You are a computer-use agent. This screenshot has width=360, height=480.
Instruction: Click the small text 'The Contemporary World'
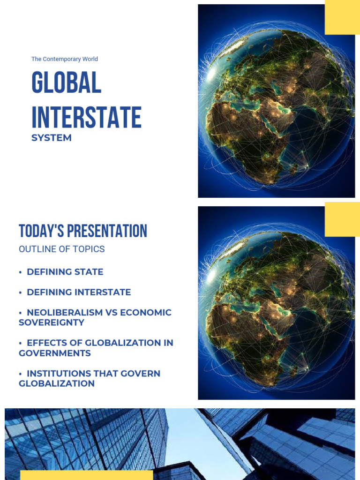click(x=65, y=59)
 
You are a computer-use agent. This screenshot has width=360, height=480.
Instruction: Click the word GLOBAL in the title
click(x=66, y=84)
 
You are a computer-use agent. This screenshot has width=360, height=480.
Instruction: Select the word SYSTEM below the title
click(x=52, y=138)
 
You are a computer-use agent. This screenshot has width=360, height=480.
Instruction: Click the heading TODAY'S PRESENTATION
click(x=83, y=231)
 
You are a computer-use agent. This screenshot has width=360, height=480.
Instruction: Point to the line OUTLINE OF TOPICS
click(x=61, y=249)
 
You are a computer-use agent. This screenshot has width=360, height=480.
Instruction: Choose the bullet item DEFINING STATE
click(x=65, y=272)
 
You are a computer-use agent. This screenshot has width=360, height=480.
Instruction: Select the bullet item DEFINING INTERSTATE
click(x=79, y=292)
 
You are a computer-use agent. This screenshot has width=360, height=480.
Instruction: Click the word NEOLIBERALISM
click(x=65, y=312)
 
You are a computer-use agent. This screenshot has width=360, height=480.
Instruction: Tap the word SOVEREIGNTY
click(x=51, y=322)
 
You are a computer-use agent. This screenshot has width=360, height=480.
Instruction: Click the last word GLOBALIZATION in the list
click(x=56, y=383)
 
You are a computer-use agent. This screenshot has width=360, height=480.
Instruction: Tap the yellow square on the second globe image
click(x=342, y=219)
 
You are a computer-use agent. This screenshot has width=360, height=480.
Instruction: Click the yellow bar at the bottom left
click(x=86, y=475)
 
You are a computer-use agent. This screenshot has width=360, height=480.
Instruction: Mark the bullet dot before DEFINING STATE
click(x=21, y=272)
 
